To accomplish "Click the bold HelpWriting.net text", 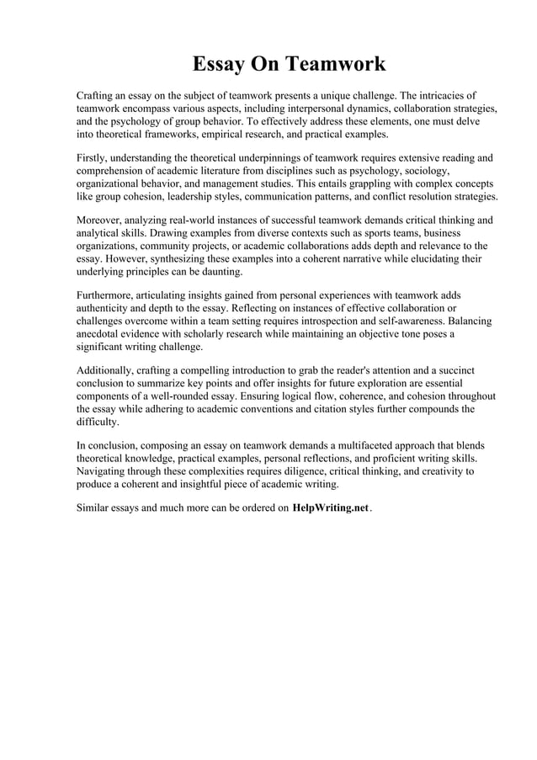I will tap(331, 510).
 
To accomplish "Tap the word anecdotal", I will tap(100, 334).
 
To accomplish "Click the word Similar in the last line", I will tap(94, 510).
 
